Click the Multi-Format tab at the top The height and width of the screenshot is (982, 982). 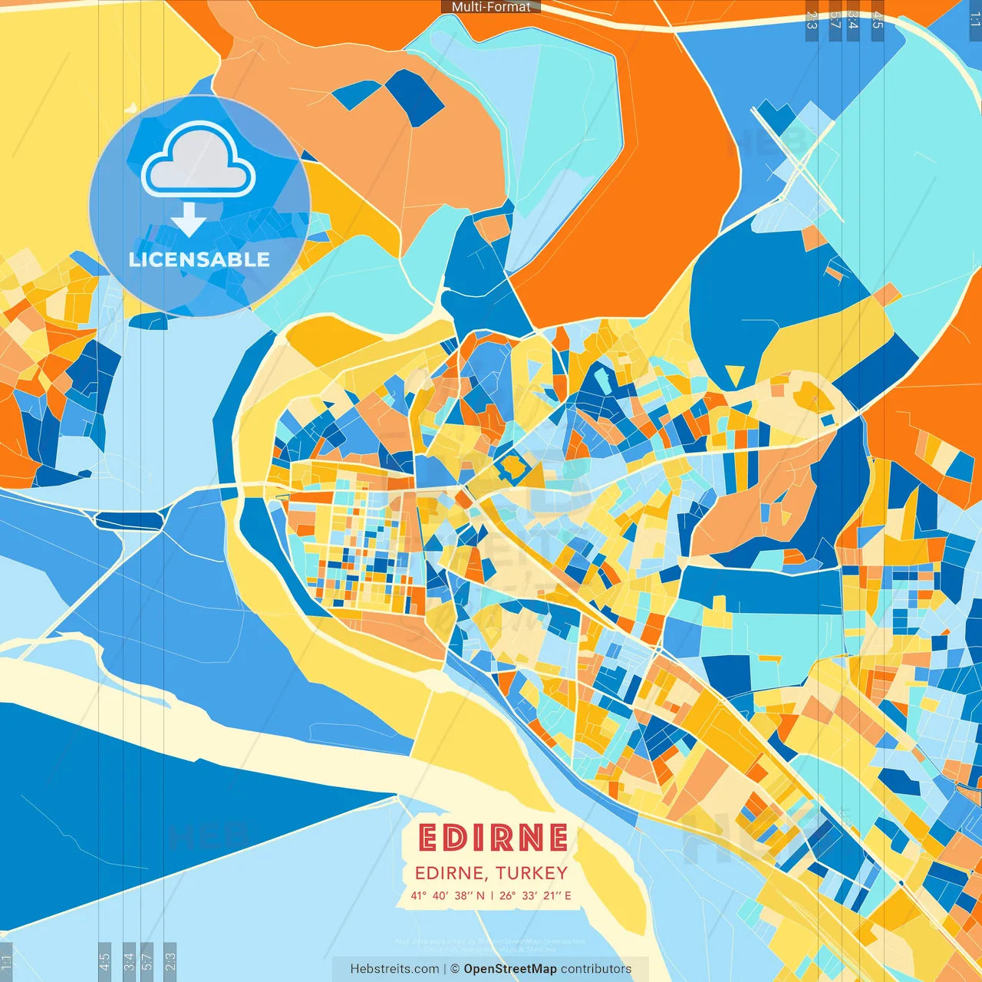pos(491,7)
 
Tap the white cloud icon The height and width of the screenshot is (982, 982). pos(199,163)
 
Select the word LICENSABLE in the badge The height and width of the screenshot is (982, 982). pos(199,259)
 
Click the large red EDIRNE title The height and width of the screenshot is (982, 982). pos(493,838)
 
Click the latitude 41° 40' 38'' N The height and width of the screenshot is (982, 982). pos(447,895)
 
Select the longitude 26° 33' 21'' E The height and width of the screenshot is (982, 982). pos(535,895)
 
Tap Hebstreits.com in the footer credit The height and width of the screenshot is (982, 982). pos(394,969)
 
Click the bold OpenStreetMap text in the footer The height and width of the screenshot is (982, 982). pos(510,969)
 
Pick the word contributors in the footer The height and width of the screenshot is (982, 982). pos(596,969)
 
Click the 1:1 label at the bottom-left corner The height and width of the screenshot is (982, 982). pos(7,961)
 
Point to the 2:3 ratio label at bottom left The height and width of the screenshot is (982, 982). pos(170,961)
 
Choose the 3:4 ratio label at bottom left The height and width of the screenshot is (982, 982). pos(129,961)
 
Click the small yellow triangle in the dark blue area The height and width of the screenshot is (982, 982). pos(734,375)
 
